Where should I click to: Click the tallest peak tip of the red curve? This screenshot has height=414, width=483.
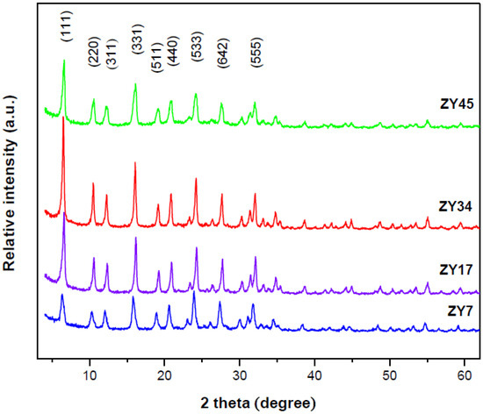[x=63, y=117]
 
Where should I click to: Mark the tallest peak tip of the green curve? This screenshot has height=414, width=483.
[x=64, y=61]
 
